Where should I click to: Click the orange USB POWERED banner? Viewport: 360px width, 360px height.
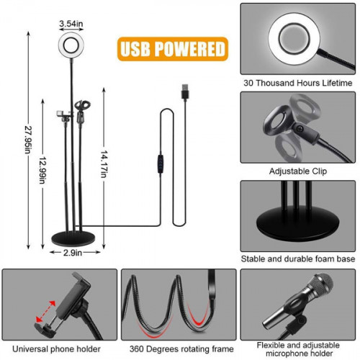[x=171, y=49]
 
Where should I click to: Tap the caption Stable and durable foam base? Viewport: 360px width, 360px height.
[x=298, y=258]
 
